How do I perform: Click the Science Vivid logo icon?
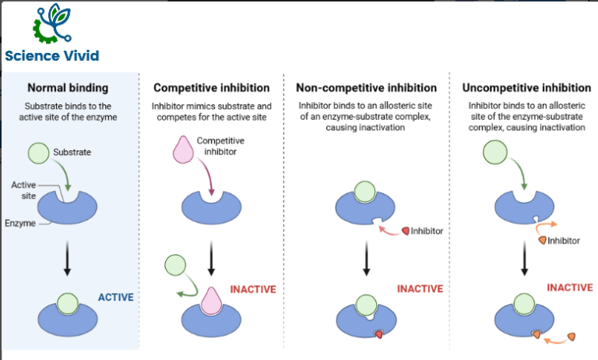[x=52, y=23]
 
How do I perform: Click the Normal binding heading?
[x=68, y=88]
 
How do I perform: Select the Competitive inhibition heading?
[x=212, y=88]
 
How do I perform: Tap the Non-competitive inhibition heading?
[x=367, y=88]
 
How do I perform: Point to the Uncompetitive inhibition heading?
[x=526, y=88]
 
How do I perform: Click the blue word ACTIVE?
[x=116, y=297]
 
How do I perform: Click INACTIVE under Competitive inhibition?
[x=253, y=289]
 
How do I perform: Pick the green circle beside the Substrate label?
[x=38, y=153]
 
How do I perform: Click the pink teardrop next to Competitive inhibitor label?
[x=183, y=150]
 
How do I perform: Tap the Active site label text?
[x=23, y=190]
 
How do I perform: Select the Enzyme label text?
[x=20, y=224]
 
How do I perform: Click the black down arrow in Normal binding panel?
[x=67, y=259]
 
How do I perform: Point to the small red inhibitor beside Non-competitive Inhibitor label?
[x=406, y=231]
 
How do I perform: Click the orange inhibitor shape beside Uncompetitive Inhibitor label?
[x=542, y=240]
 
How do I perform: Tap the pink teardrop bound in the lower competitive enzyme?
[x=211, y=301]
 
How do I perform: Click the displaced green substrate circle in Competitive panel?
[x=175, y=265]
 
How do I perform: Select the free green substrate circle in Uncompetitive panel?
[x=495, y=152]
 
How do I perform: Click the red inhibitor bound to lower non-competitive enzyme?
[x=378, y=334]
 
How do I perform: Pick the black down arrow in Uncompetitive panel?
[x=524, y=259]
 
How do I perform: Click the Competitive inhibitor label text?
[x=220, y=146]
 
